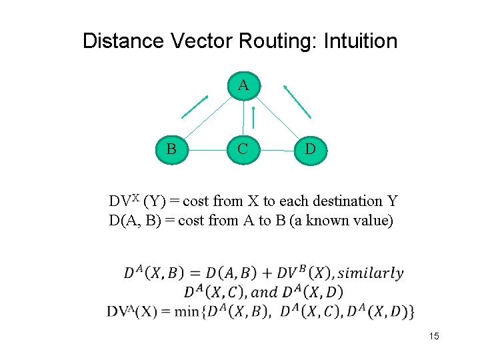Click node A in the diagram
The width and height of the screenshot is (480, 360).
point(243,85)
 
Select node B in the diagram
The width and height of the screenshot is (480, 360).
point(171,148)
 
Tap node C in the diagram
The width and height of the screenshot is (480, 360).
point(243,148)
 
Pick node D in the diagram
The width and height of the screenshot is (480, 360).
point(310,148)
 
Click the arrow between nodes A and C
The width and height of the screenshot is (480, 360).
point(253,118)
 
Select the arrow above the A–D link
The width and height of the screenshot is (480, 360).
point(297,101)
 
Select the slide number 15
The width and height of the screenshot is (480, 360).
point(434,337)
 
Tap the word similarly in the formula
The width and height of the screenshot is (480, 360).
point(371,273)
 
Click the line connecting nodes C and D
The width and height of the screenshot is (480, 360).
point(276,150)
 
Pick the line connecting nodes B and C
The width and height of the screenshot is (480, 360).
point(207,149)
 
